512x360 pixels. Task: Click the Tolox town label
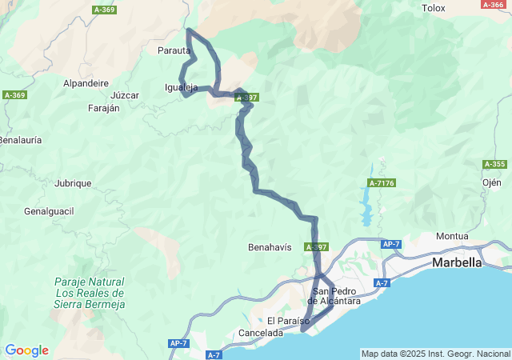[433, 8]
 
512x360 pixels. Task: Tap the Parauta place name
[174, 50]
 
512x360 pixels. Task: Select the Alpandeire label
[86, 82]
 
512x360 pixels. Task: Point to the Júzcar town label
[126, 95]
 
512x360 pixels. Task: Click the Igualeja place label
[180, 87]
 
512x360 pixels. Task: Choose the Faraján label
[103, 107]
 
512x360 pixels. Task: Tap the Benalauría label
[20, 139]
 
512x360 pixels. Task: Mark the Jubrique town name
[73, 183]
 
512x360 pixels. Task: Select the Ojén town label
[491, 182]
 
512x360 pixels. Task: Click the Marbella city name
[457, 262]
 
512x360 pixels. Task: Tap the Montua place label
[452, 236]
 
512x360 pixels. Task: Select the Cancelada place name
[261, 333]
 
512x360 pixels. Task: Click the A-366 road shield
[491, 4]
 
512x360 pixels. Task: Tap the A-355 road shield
[494, 164]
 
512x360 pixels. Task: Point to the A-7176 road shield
[382, 182]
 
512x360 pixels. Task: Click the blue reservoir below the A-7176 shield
[368, 204]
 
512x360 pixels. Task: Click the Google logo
[26, 350]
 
